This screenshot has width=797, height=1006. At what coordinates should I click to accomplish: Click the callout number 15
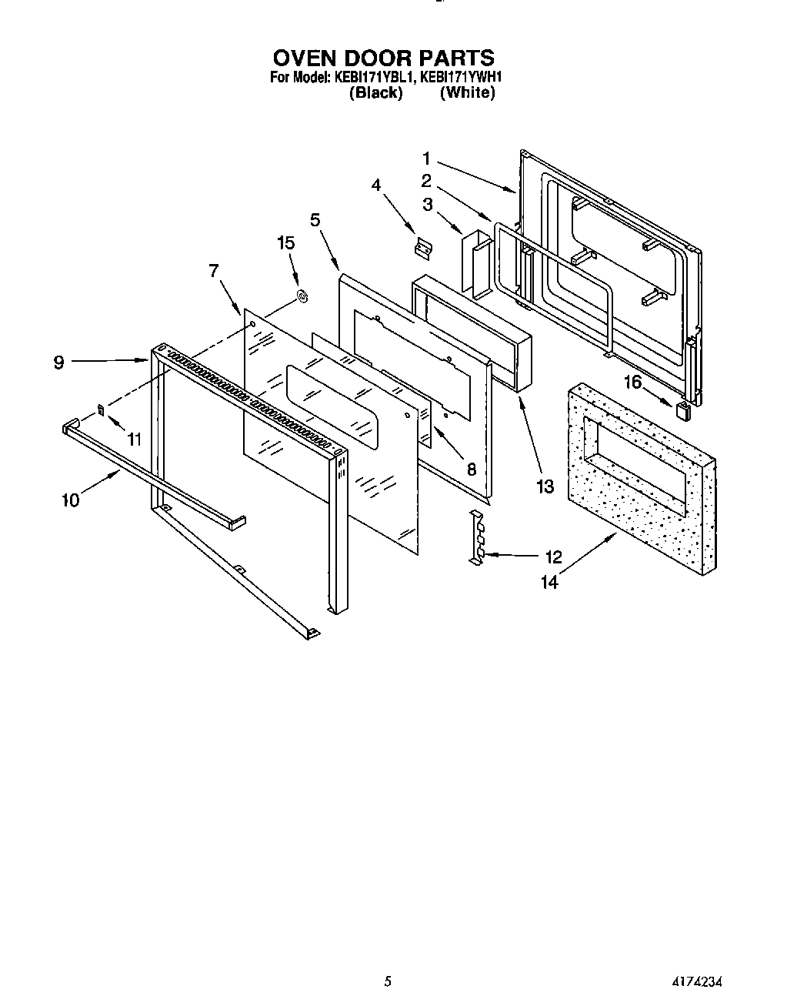pos(285,243)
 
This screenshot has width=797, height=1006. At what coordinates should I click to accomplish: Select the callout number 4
pos(376,185)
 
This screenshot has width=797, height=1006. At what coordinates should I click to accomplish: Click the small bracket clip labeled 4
pos(422,247)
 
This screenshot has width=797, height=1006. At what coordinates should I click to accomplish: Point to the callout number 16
pos(632,381)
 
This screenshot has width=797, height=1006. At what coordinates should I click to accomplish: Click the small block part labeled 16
pos(682,409)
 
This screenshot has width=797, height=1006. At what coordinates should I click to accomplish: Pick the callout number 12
pos(553,556)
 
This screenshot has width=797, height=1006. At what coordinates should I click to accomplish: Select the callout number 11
pos(135,439)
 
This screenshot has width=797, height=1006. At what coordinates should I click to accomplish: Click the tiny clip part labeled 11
pos(100,408)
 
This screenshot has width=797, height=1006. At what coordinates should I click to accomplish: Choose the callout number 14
pos(549,583)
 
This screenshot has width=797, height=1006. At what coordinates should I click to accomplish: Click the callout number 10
pos(70,500)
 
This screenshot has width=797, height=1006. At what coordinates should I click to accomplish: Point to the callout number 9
pos(59,363)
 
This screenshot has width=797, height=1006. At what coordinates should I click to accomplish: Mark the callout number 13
pos(545,486)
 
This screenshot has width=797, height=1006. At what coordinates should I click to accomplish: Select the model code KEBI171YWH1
pos(462,77)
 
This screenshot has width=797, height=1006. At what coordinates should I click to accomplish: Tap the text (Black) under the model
pos(375,93)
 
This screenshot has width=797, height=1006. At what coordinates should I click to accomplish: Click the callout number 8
pos(472,469)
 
